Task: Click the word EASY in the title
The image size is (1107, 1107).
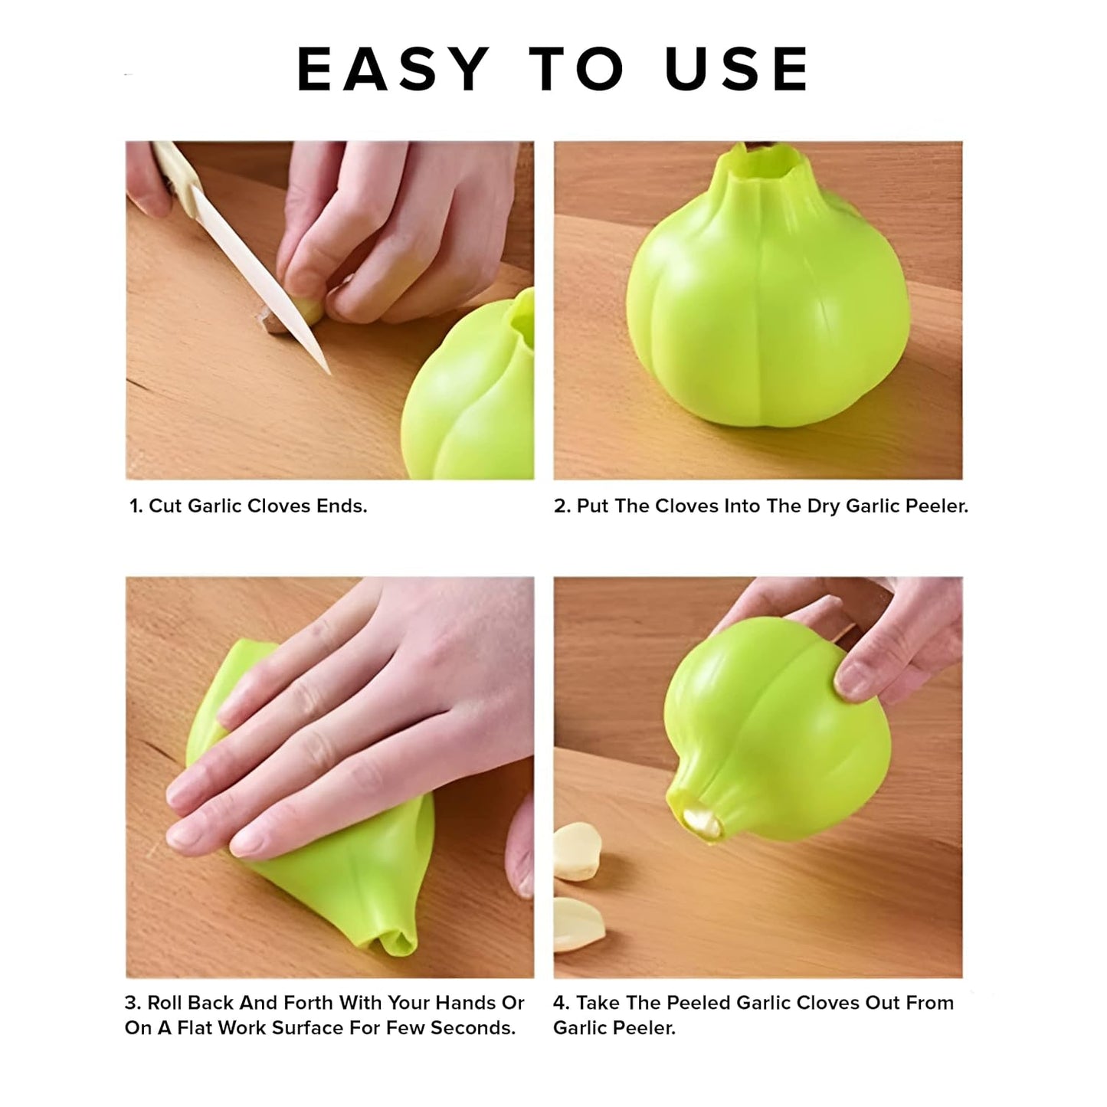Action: click(x=393, y=69)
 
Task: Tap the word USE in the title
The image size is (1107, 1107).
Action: click(x=736, y=69)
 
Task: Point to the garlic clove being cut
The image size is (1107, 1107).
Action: click(x=290, y=316)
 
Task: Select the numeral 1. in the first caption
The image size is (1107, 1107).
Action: click(x=136, y=506)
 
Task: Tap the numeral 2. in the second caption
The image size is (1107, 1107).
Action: click(x=562, y=506)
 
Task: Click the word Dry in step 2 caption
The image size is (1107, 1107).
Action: click(x=824, y=506)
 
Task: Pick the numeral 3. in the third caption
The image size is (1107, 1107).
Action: click(x=133, y=1003)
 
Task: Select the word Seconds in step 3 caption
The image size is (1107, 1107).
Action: click(x=473, y=1028)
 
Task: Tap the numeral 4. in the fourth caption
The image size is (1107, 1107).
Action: click(x=562, y=1003)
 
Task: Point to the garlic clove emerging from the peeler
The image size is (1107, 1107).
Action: click(x=702, y=824)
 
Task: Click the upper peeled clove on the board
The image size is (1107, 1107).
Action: click(x=577, y=851)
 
